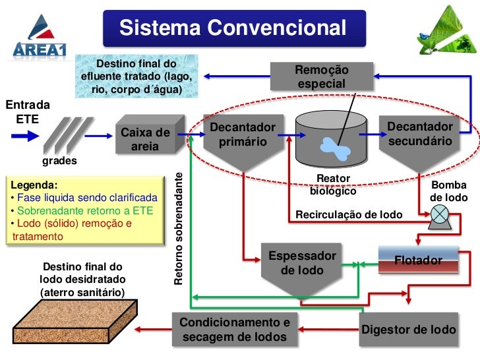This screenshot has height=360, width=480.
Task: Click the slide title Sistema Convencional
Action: coord(233,28)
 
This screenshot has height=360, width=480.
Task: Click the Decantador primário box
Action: coord(239,135)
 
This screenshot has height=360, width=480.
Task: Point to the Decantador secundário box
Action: coord(419,133)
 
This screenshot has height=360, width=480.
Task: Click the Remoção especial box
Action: coord(322,76)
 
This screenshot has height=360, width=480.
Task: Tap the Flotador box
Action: coord(417,260)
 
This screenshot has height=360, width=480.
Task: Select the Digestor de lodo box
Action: coord(408,329)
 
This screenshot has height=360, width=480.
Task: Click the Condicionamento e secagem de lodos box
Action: coord(234,330)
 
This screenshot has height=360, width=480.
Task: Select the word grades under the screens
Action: coord(59,161)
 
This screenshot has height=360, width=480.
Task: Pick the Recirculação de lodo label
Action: coord(349,215)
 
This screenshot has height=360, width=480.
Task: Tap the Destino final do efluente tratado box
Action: coord(136,76)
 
